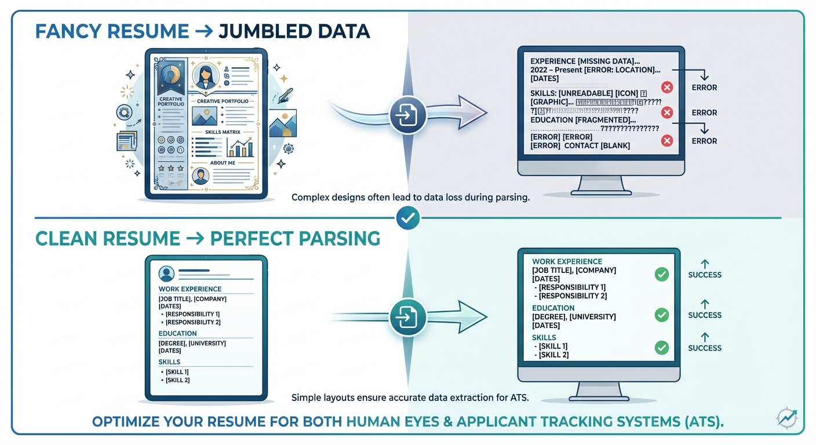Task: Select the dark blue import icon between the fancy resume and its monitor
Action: (x=408, y=115)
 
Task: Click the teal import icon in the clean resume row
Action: (x=408, y=317)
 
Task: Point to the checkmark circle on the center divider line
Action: (x=408, y=218)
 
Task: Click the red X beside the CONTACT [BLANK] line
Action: (x=667, y=140)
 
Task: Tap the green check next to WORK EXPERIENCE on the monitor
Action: (x=661, y=275)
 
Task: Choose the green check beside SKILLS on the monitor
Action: (x=661, y=348)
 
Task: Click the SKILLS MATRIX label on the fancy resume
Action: (x=218, y=133)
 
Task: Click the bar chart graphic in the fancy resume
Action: (x=241, y=148)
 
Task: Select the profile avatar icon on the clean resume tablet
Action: (x=166, y=273)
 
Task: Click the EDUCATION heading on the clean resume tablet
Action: (x=177, y=334)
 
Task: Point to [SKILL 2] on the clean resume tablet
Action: (x=177, y=380)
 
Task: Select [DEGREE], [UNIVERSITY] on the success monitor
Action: (x=574, y=317)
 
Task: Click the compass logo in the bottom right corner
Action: (x=786, y=417)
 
